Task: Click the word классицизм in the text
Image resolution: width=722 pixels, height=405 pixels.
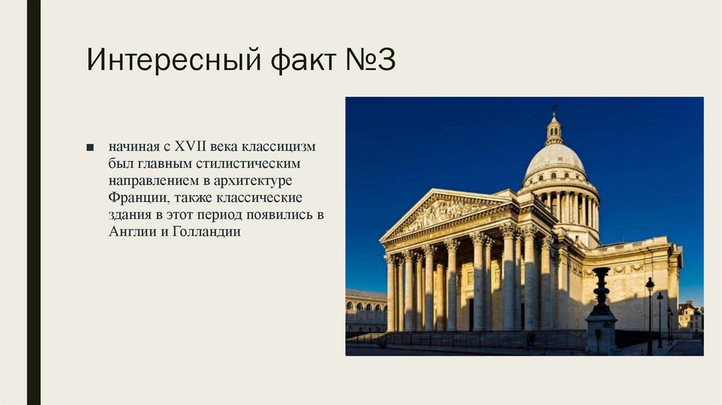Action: [x=279, y=147]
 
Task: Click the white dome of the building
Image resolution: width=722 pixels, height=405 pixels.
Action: [x=555, y=160]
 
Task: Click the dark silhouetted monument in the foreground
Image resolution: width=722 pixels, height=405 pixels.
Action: [x=601, y=310]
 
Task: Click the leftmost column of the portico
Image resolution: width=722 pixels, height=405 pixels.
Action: [x=391, y=293]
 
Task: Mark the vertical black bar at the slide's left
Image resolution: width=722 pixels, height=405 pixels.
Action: [x=33, y=202]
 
